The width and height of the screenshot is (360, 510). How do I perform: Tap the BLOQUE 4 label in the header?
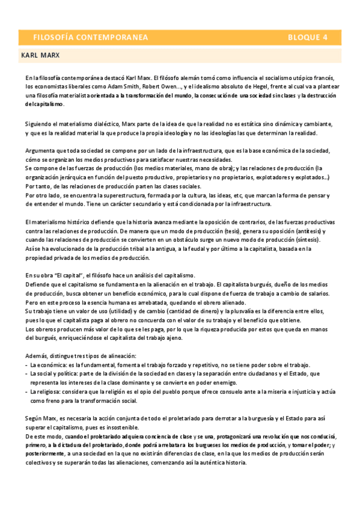pos(307,37)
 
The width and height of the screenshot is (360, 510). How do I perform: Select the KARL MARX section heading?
pos(40,55)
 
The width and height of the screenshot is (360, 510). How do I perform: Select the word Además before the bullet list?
pos(37,355)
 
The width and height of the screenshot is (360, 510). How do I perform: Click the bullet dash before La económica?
pos(26,365)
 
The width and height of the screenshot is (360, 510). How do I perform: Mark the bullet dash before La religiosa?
pos(26,392)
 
